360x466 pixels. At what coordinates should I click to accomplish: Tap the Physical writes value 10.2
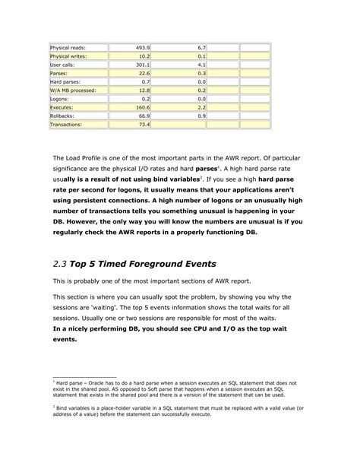(143, 56)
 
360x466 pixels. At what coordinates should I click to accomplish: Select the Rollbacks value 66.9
(143, 116)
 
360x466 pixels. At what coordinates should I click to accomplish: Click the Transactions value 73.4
(143, 124)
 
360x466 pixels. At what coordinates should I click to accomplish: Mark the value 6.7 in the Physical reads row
(201, 46)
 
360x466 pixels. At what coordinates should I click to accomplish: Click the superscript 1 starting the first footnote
(54, 381)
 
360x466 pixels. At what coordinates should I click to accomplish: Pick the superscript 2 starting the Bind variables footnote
(54, 406)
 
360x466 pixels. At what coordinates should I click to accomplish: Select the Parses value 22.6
(143, 73)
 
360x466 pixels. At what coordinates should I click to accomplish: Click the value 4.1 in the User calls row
(201, 65)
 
